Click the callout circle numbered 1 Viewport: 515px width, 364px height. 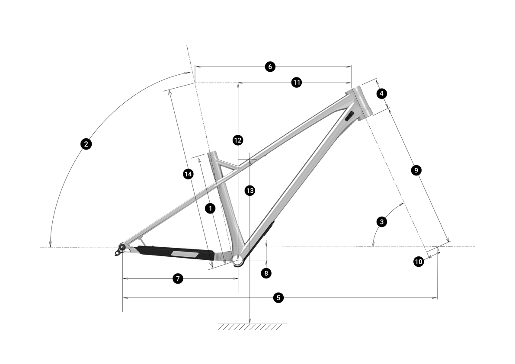point(210,208)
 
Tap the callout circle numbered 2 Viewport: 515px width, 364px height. point(86,144)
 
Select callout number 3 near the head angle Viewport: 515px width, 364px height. point(382,222)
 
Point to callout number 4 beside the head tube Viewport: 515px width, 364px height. point(381,93)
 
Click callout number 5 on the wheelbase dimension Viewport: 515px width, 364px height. point(278,298)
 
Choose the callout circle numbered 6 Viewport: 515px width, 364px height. point(270,67)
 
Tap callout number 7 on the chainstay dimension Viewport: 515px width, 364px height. point(178,279)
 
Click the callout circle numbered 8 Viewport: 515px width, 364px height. point(266,273)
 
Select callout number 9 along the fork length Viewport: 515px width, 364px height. point(416,170)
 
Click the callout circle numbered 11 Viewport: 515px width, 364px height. point(297,83)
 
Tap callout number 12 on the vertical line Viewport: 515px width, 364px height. point(237,140)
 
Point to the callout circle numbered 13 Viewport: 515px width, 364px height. point(250,191)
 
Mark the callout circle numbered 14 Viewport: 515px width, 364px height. point(188,174)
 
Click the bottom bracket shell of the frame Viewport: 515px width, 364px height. point(238,260)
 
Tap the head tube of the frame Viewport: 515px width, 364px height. point(359,102)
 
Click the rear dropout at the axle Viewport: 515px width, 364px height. point(122,247)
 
